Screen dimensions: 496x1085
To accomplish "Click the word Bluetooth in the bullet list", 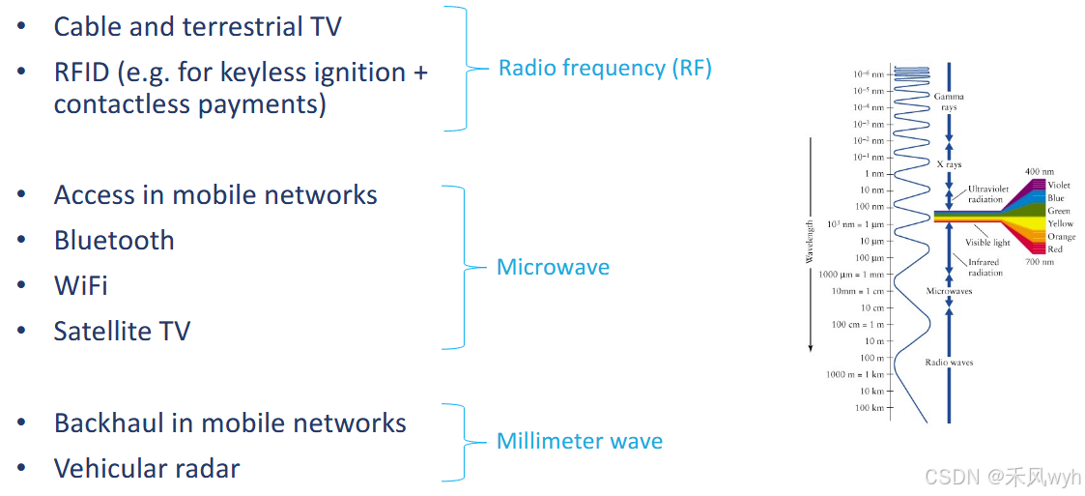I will [x=114, y=240].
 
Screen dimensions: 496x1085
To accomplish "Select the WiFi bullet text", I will [x=80, y=285].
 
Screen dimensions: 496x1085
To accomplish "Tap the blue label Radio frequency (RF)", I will [x=605, y=68].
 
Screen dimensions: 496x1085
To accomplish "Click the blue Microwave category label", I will [x=553, y=267].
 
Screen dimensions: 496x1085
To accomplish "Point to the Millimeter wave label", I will [x=580, y=442].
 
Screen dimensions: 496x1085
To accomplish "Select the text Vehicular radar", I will [x=147, y=469].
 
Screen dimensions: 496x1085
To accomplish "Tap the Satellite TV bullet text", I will [x=122, y=331].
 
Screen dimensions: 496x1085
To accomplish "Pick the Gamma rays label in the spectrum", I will [x=949, y=102].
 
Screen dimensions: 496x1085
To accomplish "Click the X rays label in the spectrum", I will [x=949, y=165].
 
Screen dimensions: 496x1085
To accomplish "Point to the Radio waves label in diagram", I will [x=949, y=363].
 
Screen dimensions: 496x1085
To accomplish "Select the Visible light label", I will [x=987, y=243].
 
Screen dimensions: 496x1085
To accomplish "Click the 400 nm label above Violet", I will [x=1039, y=172].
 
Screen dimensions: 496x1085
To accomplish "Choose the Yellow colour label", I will [x=1060, y=223].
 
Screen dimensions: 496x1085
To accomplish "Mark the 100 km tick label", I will [x=871, y=408].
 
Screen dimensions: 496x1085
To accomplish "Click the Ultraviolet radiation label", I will [x=988, y=194].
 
